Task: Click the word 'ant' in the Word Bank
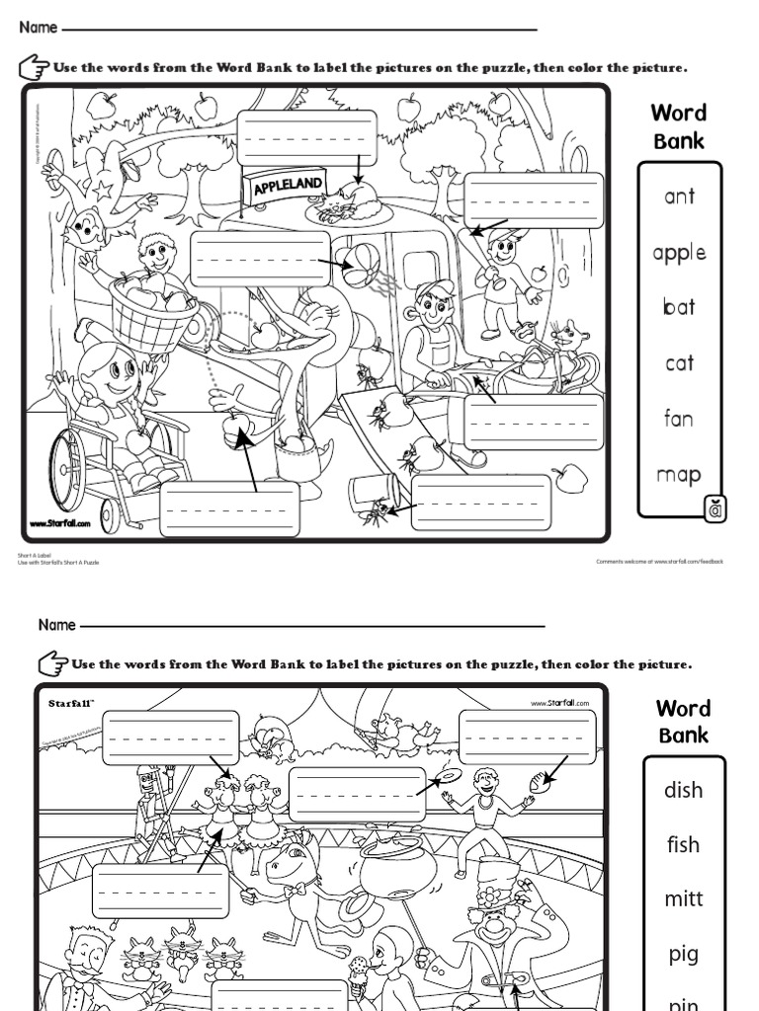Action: tap(679, 195)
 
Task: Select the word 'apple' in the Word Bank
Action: tap(679, 253)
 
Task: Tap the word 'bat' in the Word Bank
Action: tap(679, 307)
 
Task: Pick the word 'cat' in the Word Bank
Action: tap(679, 363)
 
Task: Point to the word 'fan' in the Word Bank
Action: tap(679, 419)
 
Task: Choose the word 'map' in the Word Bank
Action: tap(679, 475)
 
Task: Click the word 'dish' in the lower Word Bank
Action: tap(683, 789)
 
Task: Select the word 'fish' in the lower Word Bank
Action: tap(683, 844)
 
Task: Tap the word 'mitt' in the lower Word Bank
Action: tap(683, 898)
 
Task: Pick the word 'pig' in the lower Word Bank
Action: tap(683, 954)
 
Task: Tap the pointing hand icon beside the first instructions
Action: tap(34, 68)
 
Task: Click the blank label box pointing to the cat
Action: tap(307, 138)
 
